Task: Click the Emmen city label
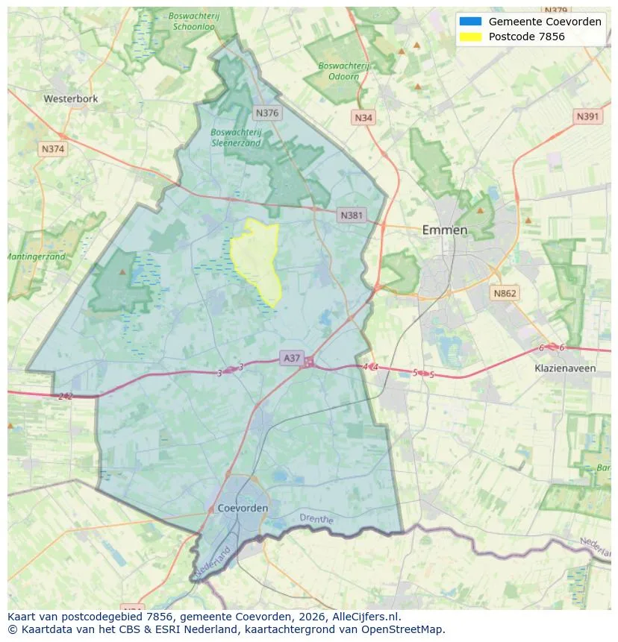click(445, 230)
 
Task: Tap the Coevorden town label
click(243, 508)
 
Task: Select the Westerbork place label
click(71, 98)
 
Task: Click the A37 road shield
click(292, 359)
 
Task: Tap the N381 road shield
click(352, 215)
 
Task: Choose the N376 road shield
click(266, 113)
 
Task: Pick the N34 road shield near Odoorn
click(363, 118)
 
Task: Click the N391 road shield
click(588, 117)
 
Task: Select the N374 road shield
click(53, 149)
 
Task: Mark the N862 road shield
click(505, 294)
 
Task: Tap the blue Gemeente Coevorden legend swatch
click(471, 22)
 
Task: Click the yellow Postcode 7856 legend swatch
click(471, 37)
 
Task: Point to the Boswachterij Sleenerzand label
click(236, 137)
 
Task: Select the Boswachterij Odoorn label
click(343, 71)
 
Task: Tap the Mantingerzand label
click(36, 257)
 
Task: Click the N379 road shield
click(556, 10)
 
